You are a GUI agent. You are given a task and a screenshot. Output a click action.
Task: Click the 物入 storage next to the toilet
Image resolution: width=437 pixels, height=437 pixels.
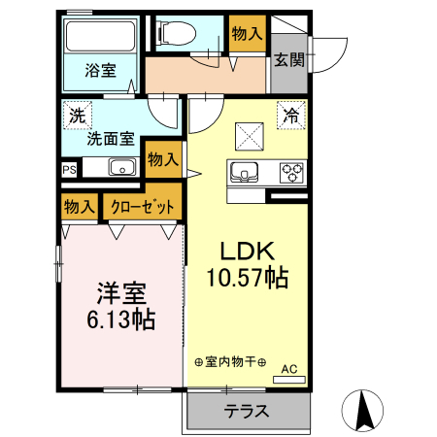pyautogui.click(x=247, y=34)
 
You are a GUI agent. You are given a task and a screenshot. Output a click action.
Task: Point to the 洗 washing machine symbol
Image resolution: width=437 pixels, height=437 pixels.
pyautogui.click(x=77, y=116)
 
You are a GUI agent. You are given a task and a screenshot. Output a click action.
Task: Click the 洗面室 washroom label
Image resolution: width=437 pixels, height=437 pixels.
pyautogui.click(x=110, y=138)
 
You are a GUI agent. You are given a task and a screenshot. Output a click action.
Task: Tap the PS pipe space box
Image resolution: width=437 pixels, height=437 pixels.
pyautogui.click(x=69, y=169)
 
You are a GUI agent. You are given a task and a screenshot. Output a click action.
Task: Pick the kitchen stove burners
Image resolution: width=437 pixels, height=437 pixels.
pyautogui.click(x=290, y=173)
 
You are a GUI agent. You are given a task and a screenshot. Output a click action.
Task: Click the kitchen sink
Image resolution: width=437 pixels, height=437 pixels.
pyautogui.click(x=245, y=174)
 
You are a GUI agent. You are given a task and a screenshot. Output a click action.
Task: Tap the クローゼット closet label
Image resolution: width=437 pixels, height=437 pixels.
pyautogui.click(x=142, y=207)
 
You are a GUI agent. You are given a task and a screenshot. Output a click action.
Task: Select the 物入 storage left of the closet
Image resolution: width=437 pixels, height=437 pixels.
pyautogui.click(x=80, y=207)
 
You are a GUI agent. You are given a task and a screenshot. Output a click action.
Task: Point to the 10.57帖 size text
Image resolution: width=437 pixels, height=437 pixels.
pyautogui.click(x=246, y=279)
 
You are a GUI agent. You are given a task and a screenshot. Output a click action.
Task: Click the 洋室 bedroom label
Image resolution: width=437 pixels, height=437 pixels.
pyautogui.click(x=121, y=291)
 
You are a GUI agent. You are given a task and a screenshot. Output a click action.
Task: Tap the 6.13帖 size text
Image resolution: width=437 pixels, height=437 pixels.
pyautogui.click(x=121, y=318)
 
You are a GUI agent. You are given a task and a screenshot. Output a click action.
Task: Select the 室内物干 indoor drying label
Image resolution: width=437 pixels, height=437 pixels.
pyautogui.click(x=229, y=361)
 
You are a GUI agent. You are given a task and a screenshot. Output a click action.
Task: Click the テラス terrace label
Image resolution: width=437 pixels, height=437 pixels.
pyautogui.click(x=247, y=411)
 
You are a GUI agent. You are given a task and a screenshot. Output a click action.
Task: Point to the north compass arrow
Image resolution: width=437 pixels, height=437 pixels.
pyautogui.click(x=366, y=409)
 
